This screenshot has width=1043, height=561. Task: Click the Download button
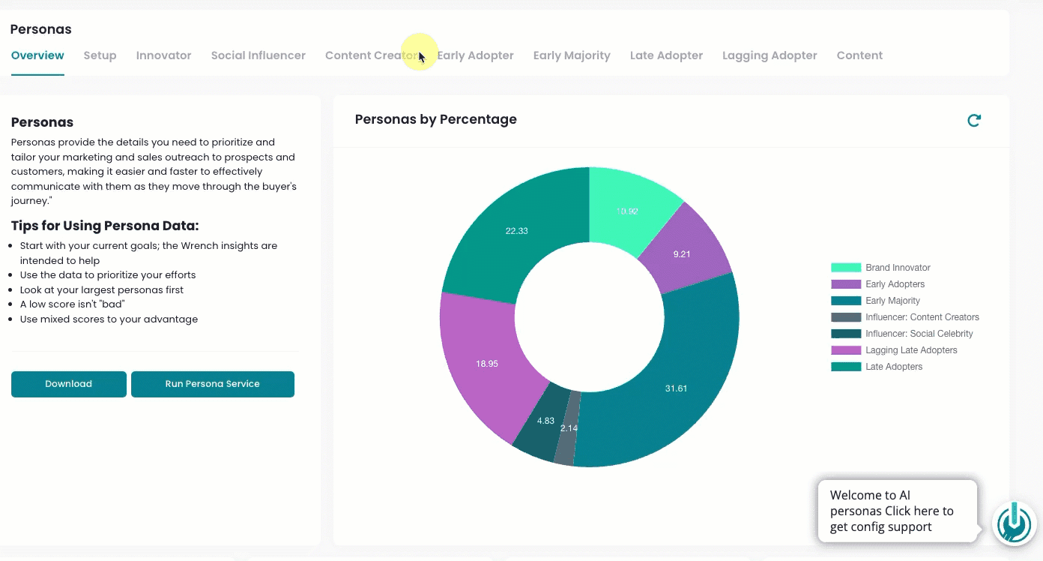point(68,384)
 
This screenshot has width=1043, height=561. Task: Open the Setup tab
point(100,55)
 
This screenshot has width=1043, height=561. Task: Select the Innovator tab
point(163,55)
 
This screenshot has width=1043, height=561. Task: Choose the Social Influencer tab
point(258,55)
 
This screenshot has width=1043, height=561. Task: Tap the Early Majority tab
point(571,55)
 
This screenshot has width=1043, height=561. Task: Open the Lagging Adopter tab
point(770,55)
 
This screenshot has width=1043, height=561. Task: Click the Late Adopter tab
point(666,55)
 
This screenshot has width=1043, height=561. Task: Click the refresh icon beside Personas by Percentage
point(973,121)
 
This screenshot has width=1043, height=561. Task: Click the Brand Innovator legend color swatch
point(846,268)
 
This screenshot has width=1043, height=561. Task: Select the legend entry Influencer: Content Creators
point(904,317)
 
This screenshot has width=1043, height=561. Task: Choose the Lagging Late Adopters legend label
point(911,350)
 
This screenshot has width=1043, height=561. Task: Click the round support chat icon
point(1014,523)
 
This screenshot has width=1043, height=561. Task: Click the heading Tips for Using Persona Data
point(105,226)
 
